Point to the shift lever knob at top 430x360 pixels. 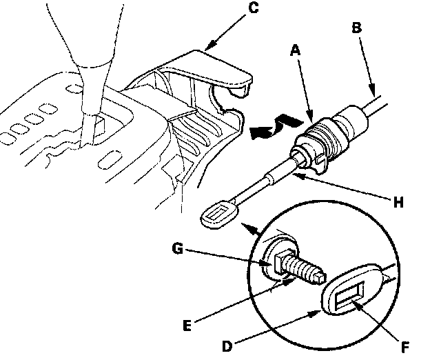point(90,41)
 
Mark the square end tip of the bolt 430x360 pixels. point(318,279)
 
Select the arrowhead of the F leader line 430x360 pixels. point(356,301)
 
